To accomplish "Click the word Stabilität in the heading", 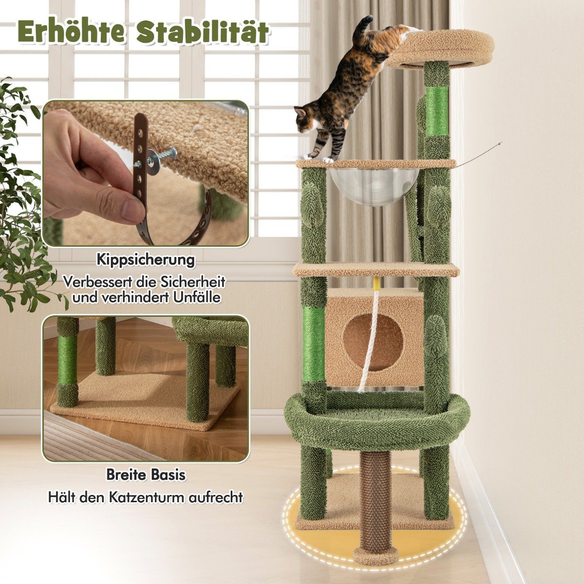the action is click(202, 31).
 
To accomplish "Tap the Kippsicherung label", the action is click(146, 260).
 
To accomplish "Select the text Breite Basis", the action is click(146, 474).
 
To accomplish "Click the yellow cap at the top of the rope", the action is click(376, 284).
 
